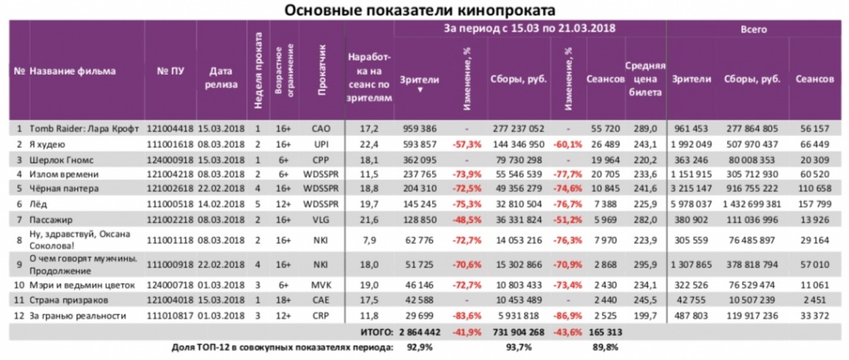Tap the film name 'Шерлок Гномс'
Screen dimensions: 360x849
(x=60, y=159)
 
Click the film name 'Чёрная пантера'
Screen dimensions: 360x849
(x=63, y=189)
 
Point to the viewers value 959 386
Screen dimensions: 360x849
(x=420, y=129)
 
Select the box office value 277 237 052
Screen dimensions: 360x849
(x=518, y=129)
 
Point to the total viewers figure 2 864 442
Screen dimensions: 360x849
(x=420, y=330)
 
